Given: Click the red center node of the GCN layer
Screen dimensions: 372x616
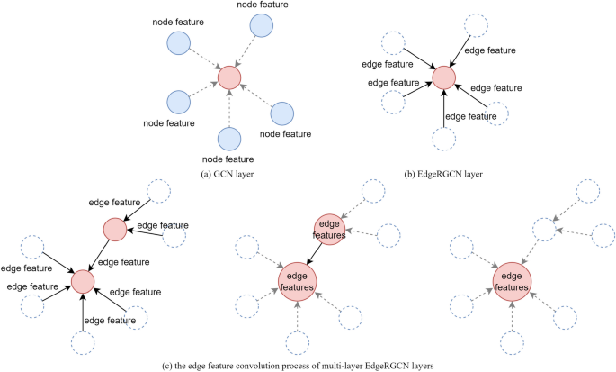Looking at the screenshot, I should (x=230, y=77).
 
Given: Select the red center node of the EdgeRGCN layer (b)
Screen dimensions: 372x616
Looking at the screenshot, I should (x=443, y=78).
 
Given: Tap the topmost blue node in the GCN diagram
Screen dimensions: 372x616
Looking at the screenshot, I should (x=263, y=27).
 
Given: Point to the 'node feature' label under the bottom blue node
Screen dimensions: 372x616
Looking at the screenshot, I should (x=230, y=159).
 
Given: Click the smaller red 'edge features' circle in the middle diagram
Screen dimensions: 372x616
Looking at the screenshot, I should (x=328, y=229).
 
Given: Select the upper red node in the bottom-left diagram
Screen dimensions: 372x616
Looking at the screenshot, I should (x=114, y=230).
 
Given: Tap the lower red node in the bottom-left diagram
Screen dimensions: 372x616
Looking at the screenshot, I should (x=83, y=282).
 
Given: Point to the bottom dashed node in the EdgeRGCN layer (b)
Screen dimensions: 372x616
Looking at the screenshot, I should (x=443, y=139).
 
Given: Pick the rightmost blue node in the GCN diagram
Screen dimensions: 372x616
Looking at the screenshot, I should (x=282, y=113).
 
